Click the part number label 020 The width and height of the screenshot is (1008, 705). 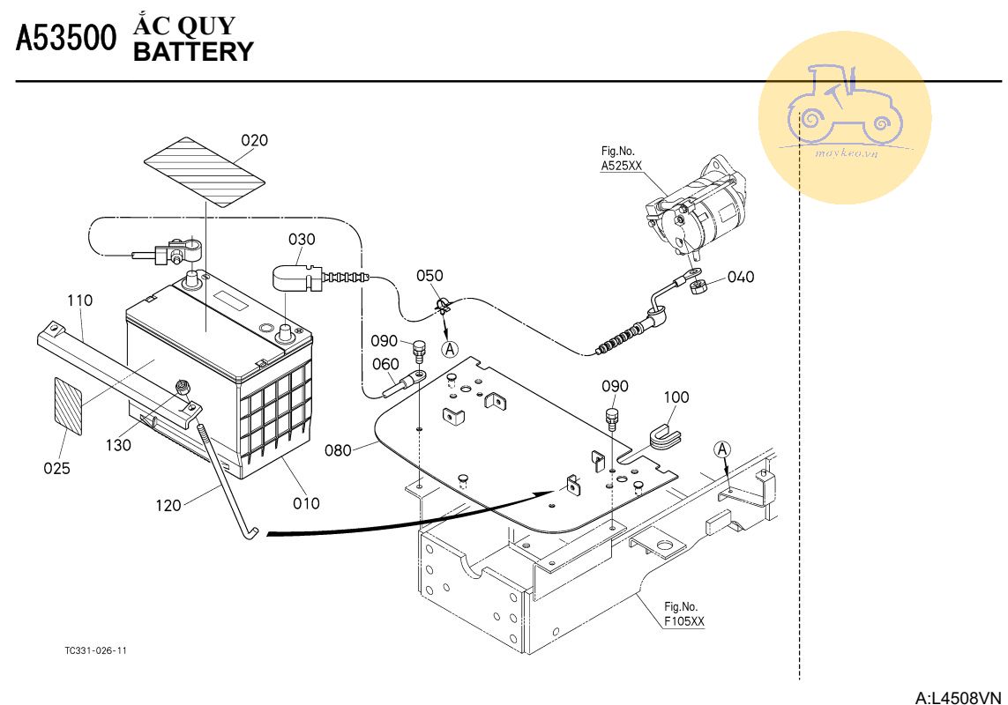(255, 140)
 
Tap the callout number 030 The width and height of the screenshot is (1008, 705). (302, 239)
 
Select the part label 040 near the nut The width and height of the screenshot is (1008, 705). (741, 277)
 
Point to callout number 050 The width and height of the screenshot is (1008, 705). (429, 276)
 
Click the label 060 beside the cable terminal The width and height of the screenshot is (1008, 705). (385, 364)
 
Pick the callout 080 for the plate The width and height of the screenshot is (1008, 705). (338, 450)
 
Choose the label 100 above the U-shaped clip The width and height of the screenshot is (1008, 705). (676, 397)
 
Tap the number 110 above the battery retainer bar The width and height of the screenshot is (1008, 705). (79, 301)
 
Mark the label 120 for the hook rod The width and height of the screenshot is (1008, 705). (168, 505)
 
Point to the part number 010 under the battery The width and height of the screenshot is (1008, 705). (306, 503)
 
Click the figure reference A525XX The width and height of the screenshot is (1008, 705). (621, 165)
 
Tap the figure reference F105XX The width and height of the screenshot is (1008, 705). (684, 620)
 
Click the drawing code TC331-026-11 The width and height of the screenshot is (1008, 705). (96, 650)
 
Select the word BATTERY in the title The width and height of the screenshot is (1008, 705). (192, 52)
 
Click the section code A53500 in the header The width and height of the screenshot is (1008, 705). (66, 40)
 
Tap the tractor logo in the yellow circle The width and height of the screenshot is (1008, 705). (846, 104)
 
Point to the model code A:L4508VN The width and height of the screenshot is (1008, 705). (959, 698)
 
